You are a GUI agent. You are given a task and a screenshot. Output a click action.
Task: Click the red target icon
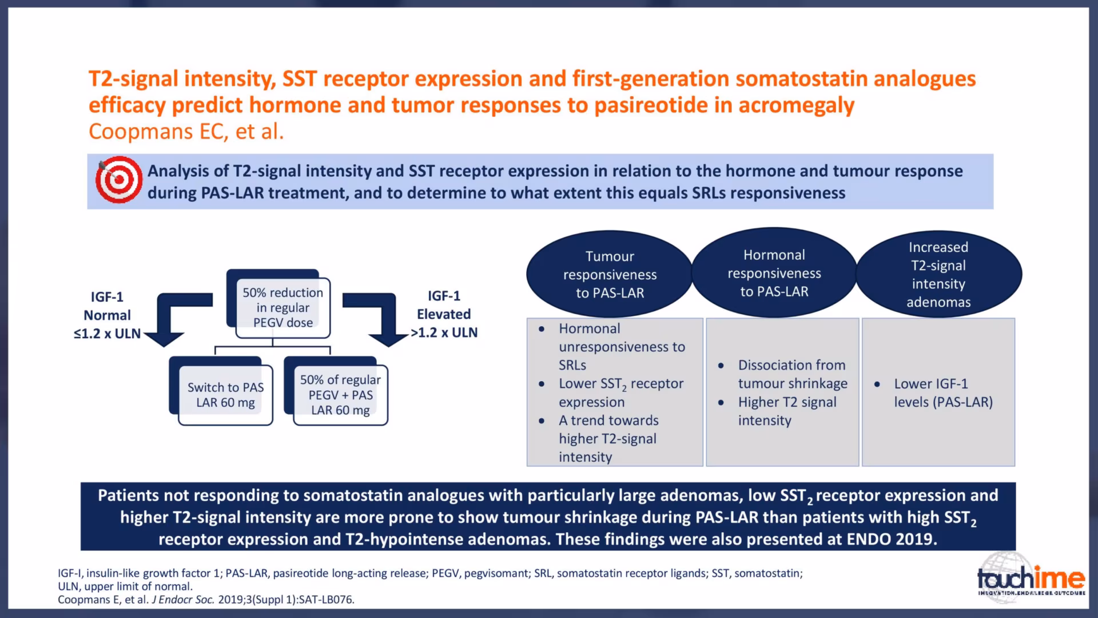tap(119, 180)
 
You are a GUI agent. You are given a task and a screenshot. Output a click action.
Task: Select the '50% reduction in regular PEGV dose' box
tap(283, 308)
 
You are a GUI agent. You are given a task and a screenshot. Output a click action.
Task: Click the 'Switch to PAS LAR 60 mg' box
tap(225, 395)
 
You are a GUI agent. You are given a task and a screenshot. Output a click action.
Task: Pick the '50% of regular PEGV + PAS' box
tap(340, 395)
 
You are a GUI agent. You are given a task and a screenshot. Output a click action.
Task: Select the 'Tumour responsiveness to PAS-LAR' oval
tap(610, 274)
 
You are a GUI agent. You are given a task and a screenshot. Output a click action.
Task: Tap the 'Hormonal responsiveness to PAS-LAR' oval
tap(774, 273)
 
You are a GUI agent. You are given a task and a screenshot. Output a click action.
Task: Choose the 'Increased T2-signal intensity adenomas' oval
tap(938, 274)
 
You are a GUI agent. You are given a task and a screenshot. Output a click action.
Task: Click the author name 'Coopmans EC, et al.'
tap(186, 132)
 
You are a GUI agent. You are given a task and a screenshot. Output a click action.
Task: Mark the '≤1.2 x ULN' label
tap(107, 334)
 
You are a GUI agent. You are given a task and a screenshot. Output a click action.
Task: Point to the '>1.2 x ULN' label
tap(444, 332)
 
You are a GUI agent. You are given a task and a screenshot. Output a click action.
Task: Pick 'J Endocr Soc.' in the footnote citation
tap(183, 600)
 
